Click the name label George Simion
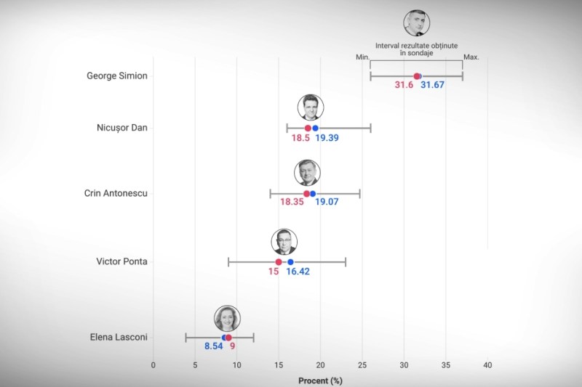tap(117, 76)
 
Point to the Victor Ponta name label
tap(122, 261)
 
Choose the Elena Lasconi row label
tap(119, 337)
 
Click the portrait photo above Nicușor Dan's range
tap(311, 107)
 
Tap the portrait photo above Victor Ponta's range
tap(284, 241)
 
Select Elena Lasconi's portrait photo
tap(227, 319)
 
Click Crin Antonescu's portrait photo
tap(307, 174)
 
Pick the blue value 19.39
tap(326, 138)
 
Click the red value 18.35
tap(292, 202)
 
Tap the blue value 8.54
tap(213, 347)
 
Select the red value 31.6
tap(404, 85)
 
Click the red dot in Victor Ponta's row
tap(279, 261)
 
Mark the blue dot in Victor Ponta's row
tap(290, 261)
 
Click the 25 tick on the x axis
tap(362, 364)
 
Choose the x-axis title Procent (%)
tap(320, 380)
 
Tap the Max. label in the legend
tap(471, 57)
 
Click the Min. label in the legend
tap(363, 57)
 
